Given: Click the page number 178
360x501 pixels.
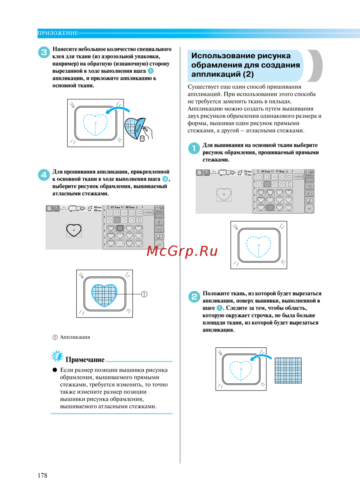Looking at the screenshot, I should (42, 475).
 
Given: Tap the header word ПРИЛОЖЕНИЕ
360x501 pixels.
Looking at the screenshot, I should (58, 33).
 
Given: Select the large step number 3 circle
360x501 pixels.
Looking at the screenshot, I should (44, 52).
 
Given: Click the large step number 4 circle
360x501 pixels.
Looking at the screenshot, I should (44, 175).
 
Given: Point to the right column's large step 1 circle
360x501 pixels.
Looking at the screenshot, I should (194, 148).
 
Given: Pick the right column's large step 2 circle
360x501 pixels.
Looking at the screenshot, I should (194, 297).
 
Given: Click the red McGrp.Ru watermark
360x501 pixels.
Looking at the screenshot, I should (182, 251).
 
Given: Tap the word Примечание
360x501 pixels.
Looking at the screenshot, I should (85, 360).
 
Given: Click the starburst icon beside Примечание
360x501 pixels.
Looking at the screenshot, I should (57, 356).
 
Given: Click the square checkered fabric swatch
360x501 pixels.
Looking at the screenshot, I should (288, 370).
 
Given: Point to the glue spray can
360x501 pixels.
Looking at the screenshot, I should (142, 138).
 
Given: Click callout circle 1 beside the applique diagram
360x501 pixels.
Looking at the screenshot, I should (144, 294).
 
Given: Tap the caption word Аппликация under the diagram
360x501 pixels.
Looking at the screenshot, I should (75, 337).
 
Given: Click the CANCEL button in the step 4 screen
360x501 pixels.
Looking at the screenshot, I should (148, 212).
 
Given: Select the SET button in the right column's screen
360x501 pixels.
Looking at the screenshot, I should (309, 209).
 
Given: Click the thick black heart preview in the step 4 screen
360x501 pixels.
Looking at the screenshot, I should (74, 230).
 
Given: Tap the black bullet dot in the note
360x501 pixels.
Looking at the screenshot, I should (55, 370).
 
